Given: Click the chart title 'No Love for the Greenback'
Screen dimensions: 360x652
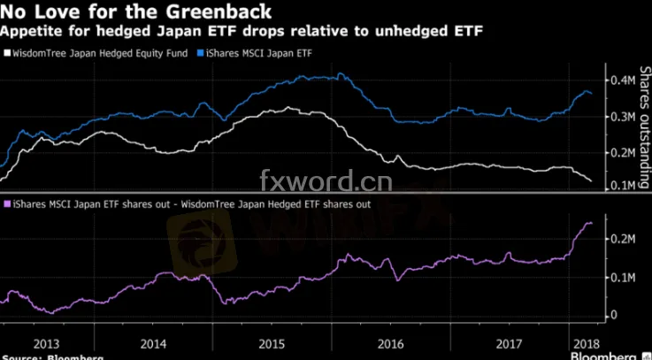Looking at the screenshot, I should pos(136,12).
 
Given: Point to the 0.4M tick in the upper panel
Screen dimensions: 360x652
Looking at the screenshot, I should pos(623,81).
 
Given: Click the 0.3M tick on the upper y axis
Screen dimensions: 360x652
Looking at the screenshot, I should pos(623,118).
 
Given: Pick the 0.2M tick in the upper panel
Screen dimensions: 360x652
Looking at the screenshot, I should pos(623,153).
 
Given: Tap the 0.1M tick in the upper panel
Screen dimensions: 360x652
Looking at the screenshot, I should pos(623,187).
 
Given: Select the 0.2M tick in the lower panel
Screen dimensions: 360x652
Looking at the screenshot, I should pos(623,239).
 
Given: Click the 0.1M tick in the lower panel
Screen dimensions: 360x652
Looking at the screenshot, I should pos(623,278).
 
